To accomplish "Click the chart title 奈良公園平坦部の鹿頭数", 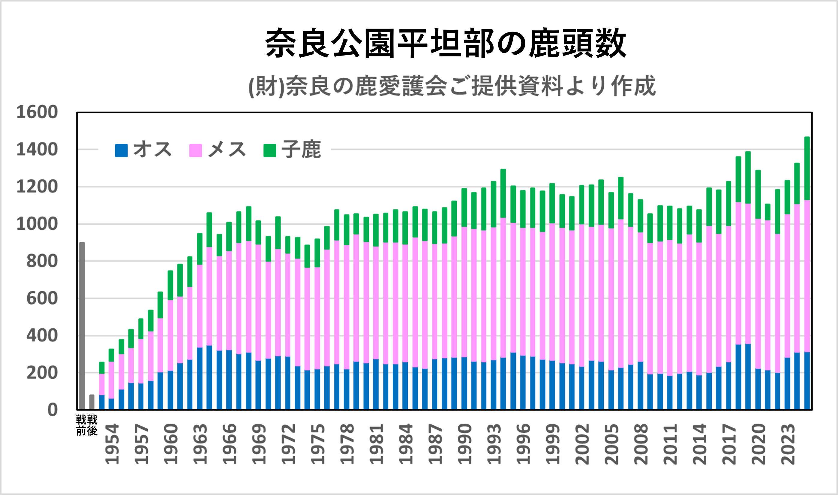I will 446,43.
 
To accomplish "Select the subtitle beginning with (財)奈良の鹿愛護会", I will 452,86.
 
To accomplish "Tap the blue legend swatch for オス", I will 121,150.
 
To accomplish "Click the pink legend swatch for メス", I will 195,150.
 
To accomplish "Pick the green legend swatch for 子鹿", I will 270,150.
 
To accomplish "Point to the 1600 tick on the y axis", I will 37,112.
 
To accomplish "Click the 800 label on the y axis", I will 42,261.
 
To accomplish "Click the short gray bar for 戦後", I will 92,402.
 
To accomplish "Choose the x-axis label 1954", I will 112,444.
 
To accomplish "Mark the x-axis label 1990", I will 465,444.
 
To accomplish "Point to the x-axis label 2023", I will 788,444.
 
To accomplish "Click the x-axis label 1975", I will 318,444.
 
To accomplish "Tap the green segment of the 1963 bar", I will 200,249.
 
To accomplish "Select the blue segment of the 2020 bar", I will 758,389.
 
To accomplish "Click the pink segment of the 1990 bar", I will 464,292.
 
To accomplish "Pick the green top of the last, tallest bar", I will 807,168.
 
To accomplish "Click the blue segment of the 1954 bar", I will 111,404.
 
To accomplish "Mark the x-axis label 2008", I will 641,444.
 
